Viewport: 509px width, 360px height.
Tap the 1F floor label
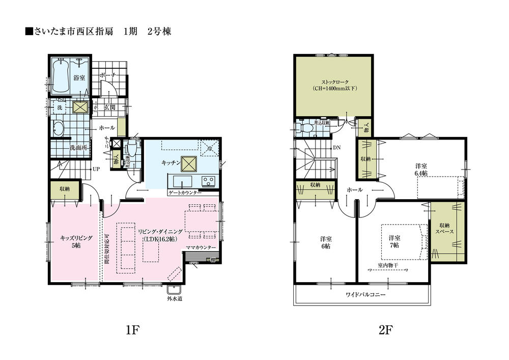click(132, 330)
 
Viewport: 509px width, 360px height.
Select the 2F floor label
click(386, 330)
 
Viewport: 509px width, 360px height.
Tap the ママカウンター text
click(201, 247)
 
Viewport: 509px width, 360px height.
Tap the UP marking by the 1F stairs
click(95, 168)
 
